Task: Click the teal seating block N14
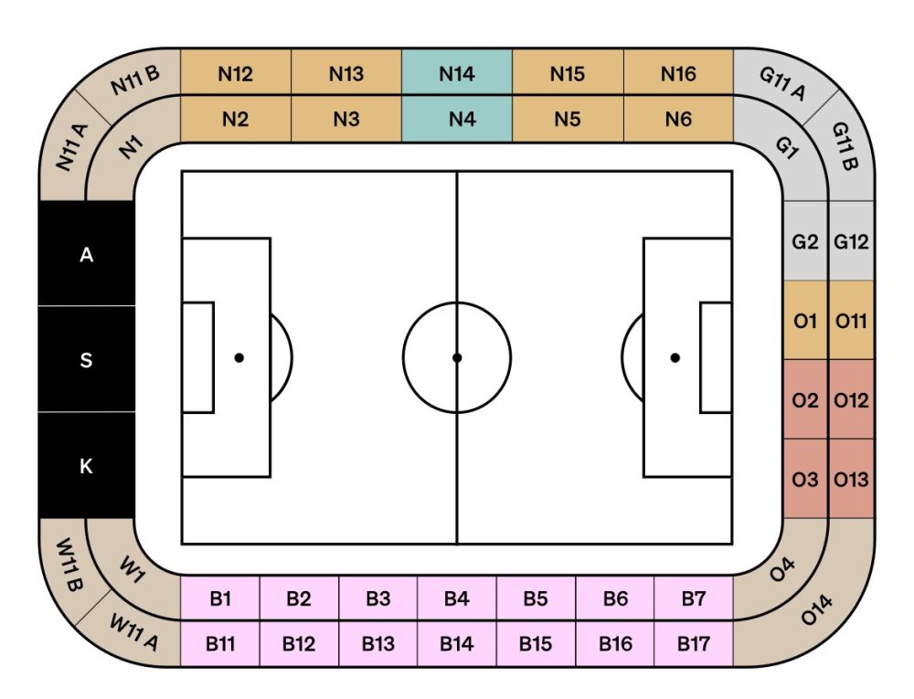(x=456, y=73)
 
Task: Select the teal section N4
(x=456, y=119)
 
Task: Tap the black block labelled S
(x=86, y=359)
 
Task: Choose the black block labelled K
(x=86, y=466)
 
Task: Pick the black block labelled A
(x=86, y=255)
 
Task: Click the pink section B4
(x=456, y=598)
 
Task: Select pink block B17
(x=694, y=643)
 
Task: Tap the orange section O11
(x=851, y=321)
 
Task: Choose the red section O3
(x=805, y=479)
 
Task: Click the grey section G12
(x=851, y=242)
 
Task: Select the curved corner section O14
(x=818, y=610)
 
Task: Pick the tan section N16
(x=678, y=73)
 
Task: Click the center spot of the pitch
(x=457, y=357)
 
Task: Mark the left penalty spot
(x=239, y=357)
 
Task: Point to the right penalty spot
(x=675, y=357)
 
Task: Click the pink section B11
(x=220, y=643)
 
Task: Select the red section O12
(x=851, y=400)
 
